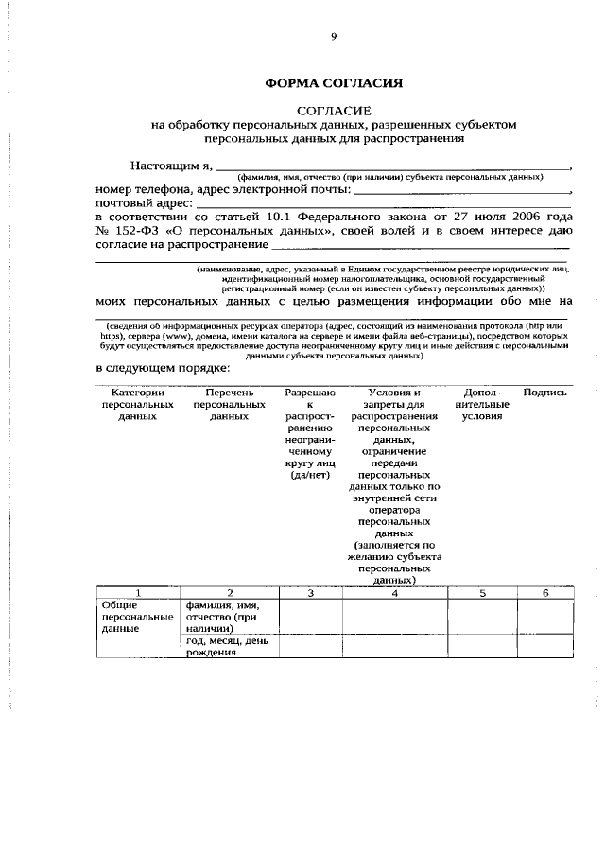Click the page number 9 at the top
[333, 38]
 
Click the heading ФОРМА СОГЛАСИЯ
[334, 83]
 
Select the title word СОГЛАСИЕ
[334, 111]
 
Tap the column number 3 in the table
[310, 592]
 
